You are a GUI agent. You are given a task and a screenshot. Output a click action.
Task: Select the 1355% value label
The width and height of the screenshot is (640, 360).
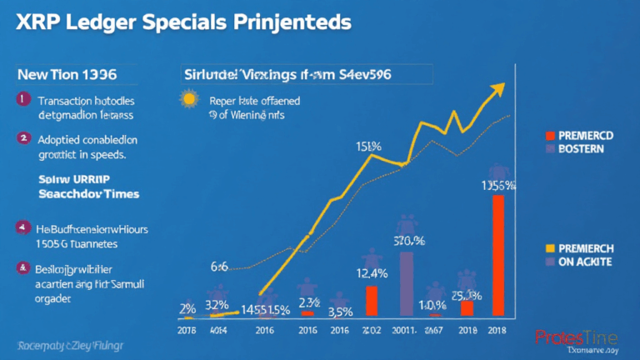499,187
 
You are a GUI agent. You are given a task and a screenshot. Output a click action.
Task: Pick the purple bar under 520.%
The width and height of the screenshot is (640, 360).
406,284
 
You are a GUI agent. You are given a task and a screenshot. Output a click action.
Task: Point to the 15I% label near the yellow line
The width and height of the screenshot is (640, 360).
369,147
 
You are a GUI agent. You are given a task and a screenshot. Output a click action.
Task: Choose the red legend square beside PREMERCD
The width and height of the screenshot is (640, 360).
550,134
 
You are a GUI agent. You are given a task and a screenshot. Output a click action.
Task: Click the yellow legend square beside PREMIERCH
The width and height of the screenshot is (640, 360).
550,247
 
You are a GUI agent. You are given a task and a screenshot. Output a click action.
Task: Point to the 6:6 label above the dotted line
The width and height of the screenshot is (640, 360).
220,265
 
